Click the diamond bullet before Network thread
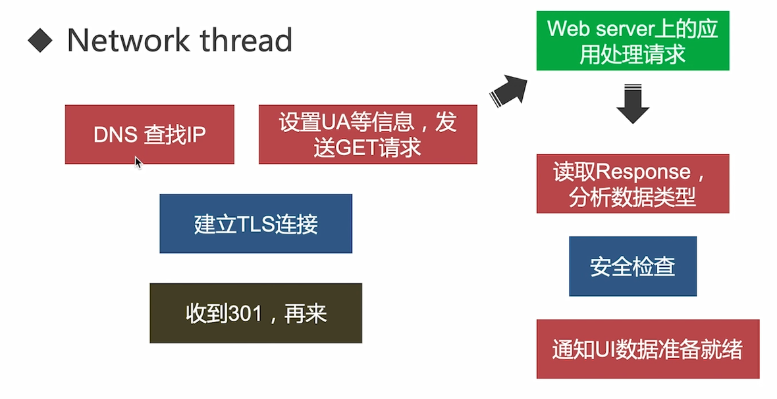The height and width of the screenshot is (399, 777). click(40, 41)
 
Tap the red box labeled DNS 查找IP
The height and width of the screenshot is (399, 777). click(149, 134)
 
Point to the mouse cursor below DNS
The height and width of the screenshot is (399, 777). click(138, 162)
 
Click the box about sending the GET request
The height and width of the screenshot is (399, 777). click(367, 134)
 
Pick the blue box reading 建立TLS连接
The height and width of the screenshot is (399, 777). click(255, 223)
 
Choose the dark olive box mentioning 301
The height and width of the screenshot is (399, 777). click(255, 313)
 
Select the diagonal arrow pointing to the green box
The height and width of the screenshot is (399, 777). click(509, 89)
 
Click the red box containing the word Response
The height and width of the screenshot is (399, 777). click(632, 183)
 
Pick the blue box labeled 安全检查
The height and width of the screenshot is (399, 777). click(632, 266)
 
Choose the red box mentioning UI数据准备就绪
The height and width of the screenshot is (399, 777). click(647, 349)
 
